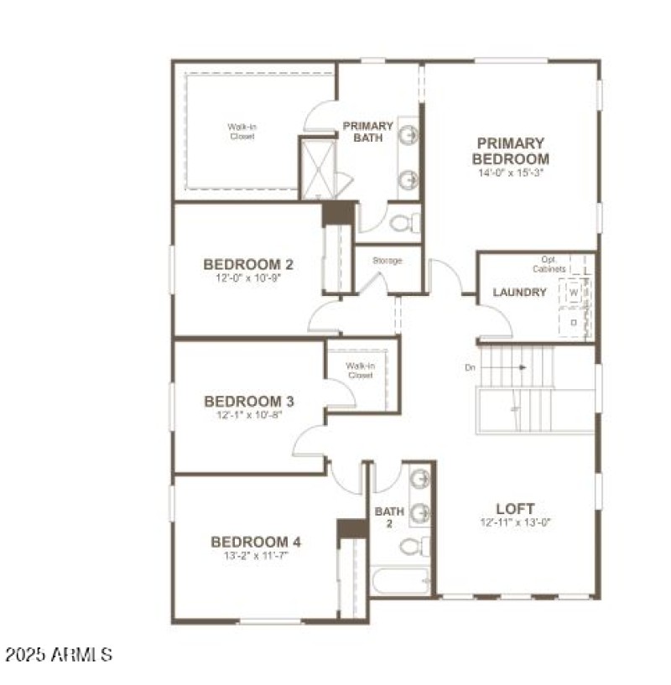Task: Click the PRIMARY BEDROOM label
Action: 510,151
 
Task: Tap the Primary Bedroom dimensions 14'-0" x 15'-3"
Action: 510,173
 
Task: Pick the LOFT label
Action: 515,508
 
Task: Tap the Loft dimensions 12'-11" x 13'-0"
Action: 515,522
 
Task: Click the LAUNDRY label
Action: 519,293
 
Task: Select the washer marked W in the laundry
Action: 574,293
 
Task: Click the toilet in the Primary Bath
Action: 403,223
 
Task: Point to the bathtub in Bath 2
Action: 401,580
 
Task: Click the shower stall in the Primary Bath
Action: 318,169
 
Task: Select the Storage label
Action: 388,261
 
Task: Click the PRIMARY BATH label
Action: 367,132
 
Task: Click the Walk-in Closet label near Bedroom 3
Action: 360,371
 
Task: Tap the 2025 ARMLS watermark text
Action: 59,653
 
